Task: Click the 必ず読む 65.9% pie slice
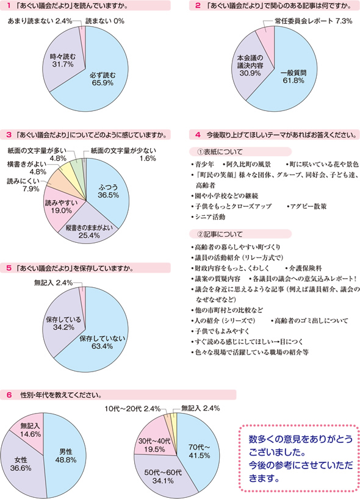[102, 79]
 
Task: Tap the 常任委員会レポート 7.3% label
[314, 21]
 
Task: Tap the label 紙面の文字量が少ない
[123, 151]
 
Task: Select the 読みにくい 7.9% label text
[23, 185]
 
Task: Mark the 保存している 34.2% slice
[63, 323]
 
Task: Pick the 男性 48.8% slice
[65, 456]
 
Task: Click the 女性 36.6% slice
[21, 464]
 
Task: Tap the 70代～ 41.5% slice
[199, 452]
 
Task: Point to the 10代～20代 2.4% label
[133, 409]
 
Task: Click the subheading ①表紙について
[220, 152]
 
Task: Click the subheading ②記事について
[220, 234]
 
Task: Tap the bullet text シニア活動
[210, 217]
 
